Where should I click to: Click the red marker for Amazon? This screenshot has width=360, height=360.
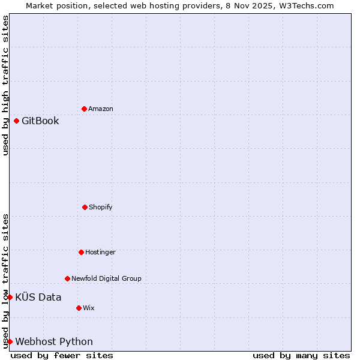(84, 109)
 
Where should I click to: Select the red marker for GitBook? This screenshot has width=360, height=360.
(16, 121)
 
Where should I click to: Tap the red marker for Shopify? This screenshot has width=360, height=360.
(85, 207)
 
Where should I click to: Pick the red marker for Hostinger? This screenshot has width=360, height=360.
(81, 252)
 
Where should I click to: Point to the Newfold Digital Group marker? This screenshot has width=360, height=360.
(67, 278)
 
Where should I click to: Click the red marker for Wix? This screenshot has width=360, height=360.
(79, 308)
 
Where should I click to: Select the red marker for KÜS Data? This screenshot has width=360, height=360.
(10, 297)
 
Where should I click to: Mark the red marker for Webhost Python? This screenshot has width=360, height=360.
(10, 341)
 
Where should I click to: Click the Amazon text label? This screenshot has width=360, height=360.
(101, 109)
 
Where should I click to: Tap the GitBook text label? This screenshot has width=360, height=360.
(40, 121)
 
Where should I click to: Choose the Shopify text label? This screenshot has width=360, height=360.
(101, 208)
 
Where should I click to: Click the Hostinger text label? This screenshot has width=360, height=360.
(100, 253)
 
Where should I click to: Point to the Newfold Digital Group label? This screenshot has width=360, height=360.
(106, 278)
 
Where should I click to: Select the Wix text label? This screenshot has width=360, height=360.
(89, 308)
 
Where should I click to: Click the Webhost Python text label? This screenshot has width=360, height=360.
(54, 342)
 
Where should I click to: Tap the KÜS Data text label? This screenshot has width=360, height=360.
(38, 298)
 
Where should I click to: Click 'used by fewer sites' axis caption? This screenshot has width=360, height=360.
(62, 355)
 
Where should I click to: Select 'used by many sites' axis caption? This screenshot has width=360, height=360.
(301, 355)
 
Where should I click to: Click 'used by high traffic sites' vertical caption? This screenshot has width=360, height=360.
(5, 85)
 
